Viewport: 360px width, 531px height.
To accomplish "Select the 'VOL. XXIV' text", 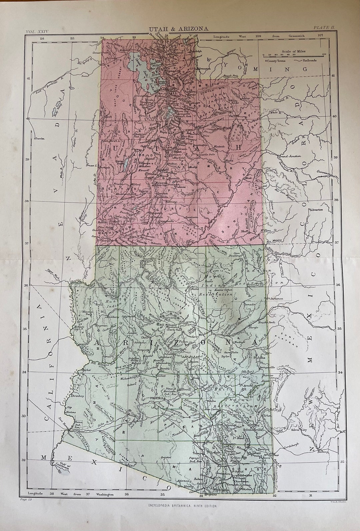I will [37, 32].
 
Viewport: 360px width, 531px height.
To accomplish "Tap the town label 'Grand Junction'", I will [290, 156].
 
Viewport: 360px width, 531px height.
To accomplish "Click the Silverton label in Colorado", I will [319, 210].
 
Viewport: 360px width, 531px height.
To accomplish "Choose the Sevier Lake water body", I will [126, 164].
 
